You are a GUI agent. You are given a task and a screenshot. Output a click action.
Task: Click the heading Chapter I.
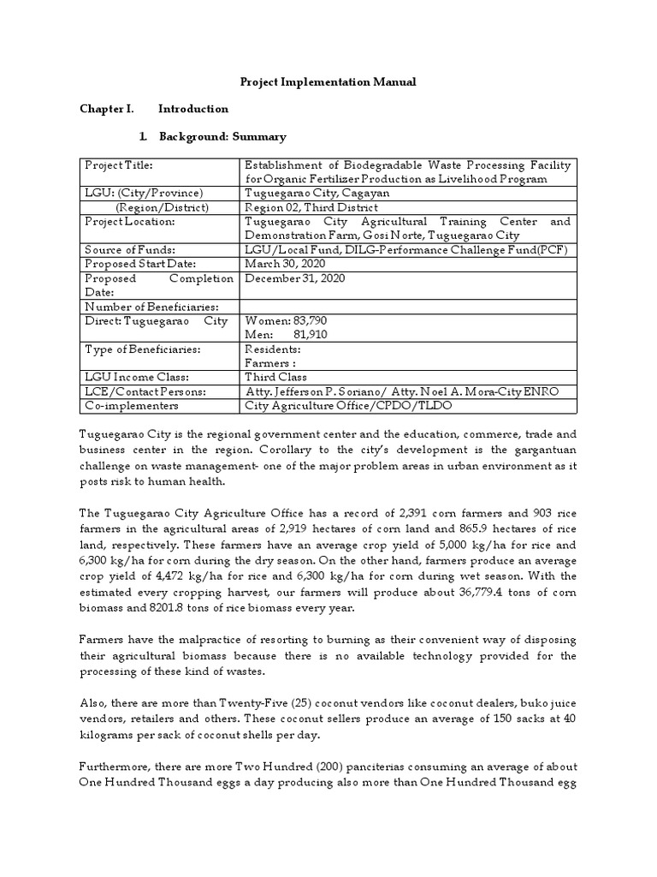point(106,109)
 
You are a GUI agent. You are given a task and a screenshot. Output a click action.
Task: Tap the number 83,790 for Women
point(310,320)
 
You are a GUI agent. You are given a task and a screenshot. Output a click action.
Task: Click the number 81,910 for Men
point(310,334)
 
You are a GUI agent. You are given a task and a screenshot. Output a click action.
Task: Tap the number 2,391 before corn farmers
point(416,512)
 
